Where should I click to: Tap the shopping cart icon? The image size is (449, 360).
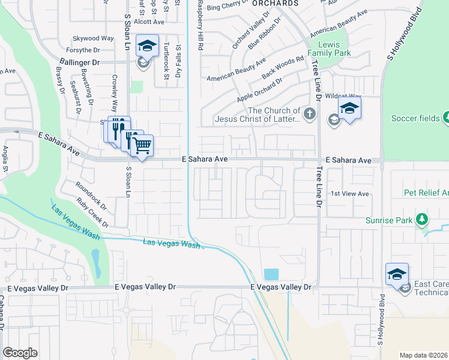pyautogui.click(x=142, y=145)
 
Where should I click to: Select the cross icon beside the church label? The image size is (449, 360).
pyautogui.click(x=310, y=114)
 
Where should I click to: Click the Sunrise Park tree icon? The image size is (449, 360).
pyautogui.click(x=423, y=220)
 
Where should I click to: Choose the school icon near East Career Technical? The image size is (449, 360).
pyautogui.click(x=397, y=275)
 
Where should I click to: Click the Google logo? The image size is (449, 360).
pyautogui.click(x=20, y=352)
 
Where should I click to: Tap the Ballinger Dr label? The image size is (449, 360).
pyautogui.click(x=79, y=62)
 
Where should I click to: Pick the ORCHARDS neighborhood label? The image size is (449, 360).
pyautogui.click(x=275, y=4)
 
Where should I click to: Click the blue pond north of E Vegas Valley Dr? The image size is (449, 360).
pyautogui.click(x=271, y=274)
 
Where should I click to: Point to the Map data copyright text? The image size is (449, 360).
pyautogui.click(x=423, y=355)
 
